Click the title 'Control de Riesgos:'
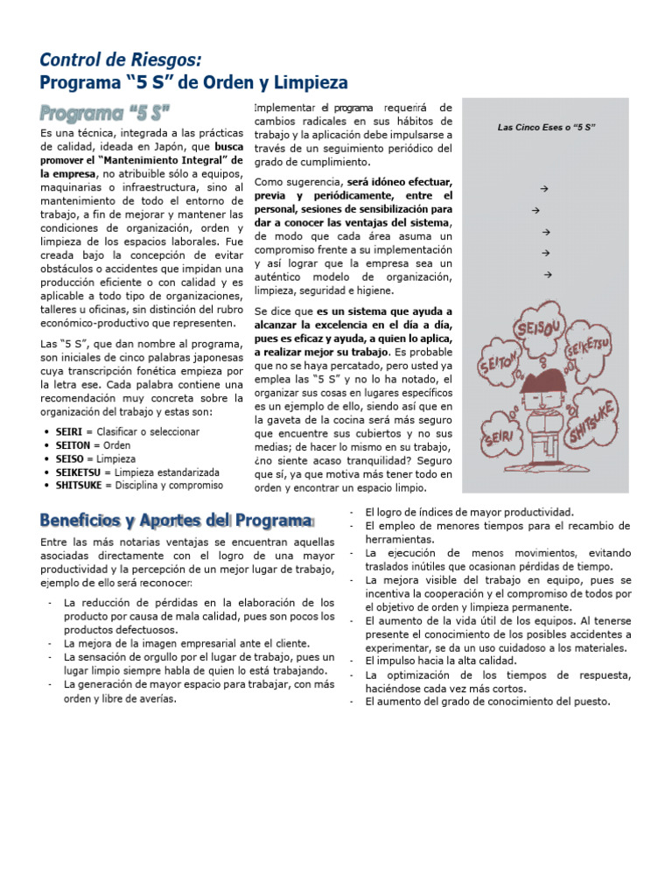tap(121, 59)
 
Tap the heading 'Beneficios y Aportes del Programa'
tap(176, 521)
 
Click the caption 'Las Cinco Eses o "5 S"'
tap(546, 128)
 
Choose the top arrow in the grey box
tap(544, 189)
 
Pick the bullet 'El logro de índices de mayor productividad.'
tap(469, 512)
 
